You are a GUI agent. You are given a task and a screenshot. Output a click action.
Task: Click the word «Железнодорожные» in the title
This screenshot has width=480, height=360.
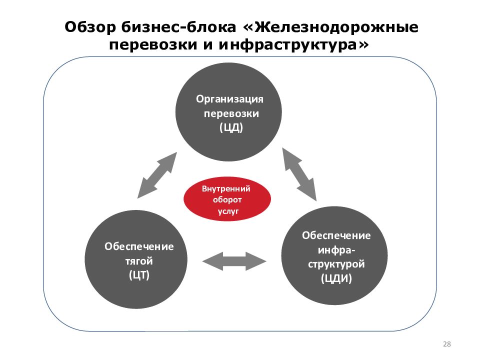click(x=336, y=27)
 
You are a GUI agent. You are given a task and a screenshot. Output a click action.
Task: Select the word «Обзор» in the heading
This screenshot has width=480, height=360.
click(x=90, y=27)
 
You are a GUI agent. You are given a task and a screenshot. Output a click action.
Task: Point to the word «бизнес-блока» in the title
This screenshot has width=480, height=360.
click(x=178, y=27)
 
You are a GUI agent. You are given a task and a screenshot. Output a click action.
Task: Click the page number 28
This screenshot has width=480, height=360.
click(x=447, y=344)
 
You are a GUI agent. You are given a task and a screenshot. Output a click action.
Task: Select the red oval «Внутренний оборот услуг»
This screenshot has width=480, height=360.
click(x=227, y=199)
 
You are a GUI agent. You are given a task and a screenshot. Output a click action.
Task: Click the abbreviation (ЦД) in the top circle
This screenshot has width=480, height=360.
click(x=231, y=127)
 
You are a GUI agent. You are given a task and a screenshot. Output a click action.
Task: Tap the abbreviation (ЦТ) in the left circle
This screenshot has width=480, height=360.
click(x=139, y=275)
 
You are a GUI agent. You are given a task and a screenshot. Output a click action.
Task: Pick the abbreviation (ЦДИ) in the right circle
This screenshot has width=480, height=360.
click(x=336, y=278)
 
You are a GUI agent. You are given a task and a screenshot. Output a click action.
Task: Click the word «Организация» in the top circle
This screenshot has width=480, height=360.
click(x=229, y=99)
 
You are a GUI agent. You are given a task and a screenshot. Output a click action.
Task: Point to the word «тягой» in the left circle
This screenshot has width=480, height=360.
click(x=138, y=261)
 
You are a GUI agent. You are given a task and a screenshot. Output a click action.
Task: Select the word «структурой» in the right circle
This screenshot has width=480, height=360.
click(x=336, y=264)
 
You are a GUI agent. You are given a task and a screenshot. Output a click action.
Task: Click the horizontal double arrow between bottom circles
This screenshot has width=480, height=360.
click(x=234, y=261)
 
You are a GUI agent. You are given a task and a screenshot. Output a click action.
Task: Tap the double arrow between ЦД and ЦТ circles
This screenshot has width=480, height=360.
click(x=157, y=175)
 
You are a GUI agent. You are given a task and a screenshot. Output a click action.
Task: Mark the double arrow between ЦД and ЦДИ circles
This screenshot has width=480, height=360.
click(x=299, y=174)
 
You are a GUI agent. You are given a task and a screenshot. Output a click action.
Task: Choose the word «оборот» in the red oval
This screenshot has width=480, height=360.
click(x=227, y=200)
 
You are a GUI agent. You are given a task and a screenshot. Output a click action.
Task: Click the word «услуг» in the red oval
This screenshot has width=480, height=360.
click(x=228, y=211)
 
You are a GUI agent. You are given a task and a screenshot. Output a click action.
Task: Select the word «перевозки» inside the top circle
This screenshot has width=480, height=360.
click(x=231, y=113)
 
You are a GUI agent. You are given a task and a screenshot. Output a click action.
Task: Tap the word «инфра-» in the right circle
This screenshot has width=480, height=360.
click(x=336, y=250)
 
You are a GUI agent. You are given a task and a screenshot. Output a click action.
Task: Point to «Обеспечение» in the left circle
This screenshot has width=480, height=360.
click(x=139, y=246)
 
